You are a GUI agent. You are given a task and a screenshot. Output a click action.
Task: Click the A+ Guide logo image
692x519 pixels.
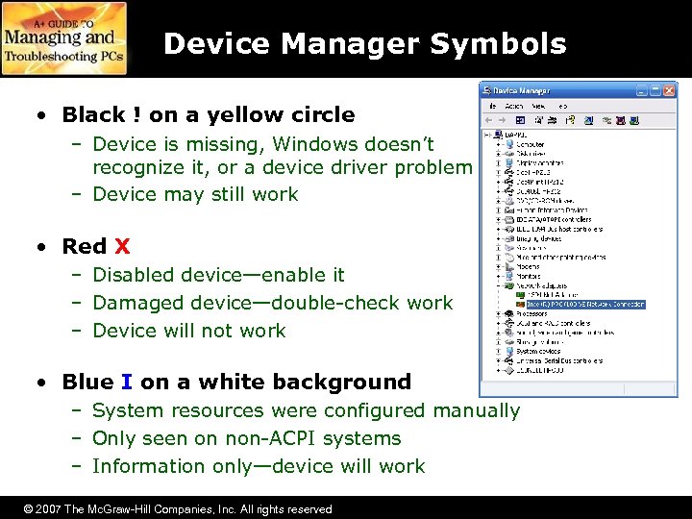[63, 38]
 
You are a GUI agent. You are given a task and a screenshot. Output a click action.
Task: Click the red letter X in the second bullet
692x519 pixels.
[122, 246]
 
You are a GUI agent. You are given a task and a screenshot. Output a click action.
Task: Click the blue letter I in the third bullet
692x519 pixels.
[127, 382]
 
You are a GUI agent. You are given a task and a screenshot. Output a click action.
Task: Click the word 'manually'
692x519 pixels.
[476, 410]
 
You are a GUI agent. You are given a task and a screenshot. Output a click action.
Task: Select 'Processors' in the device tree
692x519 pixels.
[531, 313]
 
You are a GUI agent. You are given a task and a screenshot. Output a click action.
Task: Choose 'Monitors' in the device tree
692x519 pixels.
[530, 276]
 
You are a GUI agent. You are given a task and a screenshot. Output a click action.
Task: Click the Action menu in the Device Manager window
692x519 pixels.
[513, 106]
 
